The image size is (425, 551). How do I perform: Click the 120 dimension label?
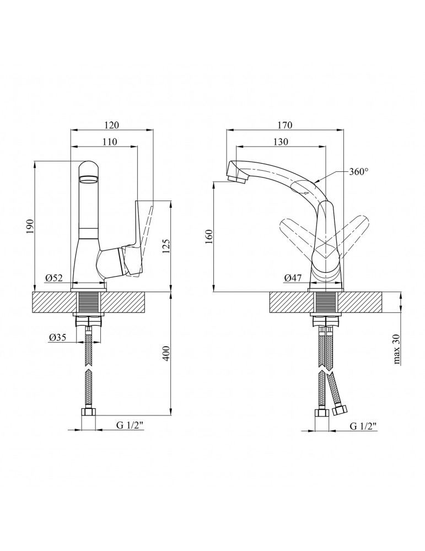click(112, 125)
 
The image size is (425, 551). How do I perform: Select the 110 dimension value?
click(110, 142)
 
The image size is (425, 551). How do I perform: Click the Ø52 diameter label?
click(54, 278)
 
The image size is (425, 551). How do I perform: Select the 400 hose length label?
click(166, 353)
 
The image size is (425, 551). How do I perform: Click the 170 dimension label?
click(285, 125)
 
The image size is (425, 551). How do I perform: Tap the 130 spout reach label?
click(281, 142)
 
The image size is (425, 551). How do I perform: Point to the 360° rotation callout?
click(358, 172)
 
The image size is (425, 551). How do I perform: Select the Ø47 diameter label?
click(293, 278)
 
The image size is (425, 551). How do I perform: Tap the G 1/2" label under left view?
click(130, 426)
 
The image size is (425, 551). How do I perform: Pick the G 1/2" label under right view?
click(363, 426)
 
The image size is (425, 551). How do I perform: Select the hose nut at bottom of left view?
click(88, 411)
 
